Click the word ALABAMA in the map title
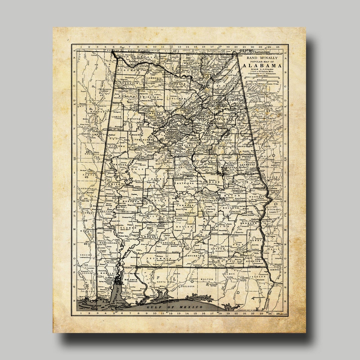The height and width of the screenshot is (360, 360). (262, 66)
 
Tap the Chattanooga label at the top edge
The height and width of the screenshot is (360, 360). (262, 52)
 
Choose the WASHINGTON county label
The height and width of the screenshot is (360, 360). (109, 243)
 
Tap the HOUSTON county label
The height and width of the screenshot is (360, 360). (253, 261)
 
